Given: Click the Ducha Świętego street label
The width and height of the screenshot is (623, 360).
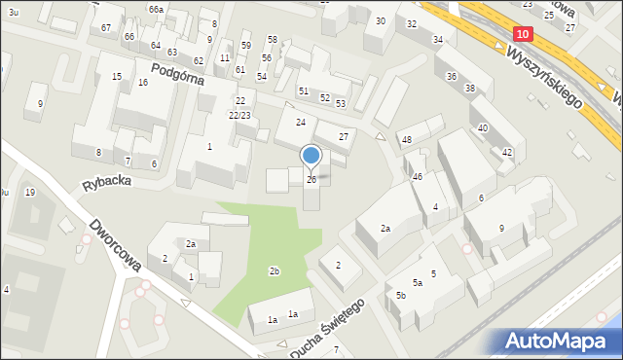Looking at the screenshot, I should click(330, 323).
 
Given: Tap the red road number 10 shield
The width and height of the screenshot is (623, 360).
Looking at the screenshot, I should click(523, 33).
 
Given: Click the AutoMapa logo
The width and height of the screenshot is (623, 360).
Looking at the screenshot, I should click(558, 342).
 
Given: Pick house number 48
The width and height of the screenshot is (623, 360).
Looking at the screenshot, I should click(407, 140).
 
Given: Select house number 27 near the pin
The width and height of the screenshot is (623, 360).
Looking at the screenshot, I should click(343, 137).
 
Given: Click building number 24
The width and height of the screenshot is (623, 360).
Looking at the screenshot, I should click(301, 122).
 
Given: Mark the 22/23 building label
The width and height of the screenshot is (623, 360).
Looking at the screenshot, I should click(239, 115).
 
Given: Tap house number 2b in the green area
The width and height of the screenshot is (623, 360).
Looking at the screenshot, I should click(275, 270).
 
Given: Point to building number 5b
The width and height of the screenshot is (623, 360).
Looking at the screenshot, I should click(400, 295).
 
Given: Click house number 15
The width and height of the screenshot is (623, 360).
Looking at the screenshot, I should click(117, 76).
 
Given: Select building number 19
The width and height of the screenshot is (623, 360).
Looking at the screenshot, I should click(30, 193).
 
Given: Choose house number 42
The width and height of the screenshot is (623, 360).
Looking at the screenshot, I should click(507, 153).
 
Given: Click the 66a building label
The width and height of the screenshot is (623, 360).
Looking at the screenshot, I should click(156, 8).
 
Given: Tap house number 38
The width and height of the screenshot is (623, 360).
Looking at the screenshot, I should click(470, 89).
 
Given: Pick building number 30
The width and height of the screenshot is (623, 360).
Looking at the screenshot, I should click(380, 20).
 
